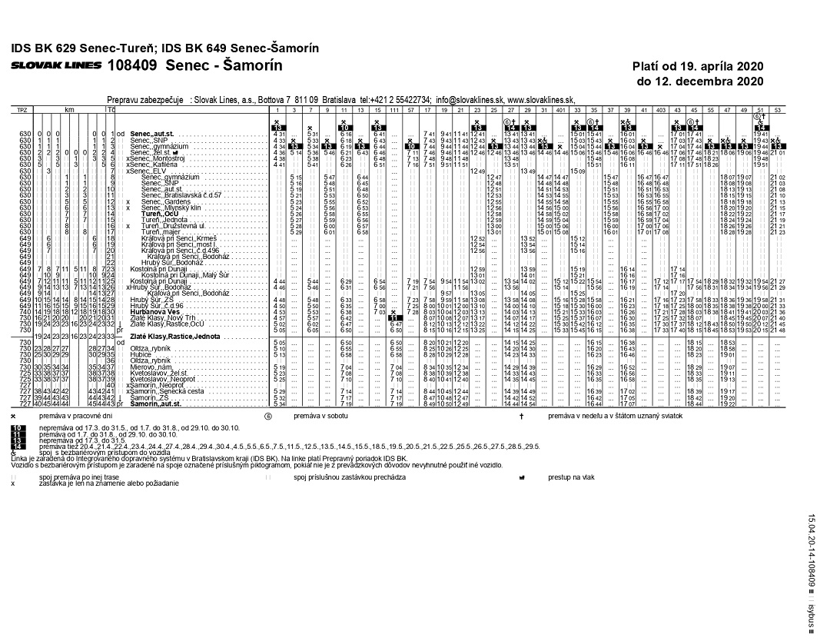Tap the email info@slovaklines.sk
pos(469,100)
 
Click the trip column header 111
pos(393,111)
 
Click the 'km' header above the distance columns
pos(68,111)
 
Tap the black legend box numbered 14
pos(19,446)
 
